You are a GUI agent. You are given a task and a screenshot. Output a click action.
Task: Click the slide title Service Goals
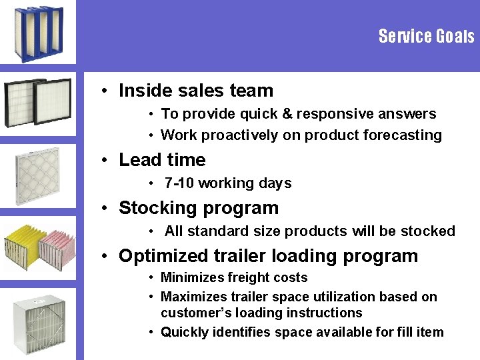pyautogui.click(x=426, y=36)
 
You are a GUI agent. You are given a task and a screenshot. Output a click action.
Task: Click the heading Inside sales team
pyautogui.click(x=196, y=91)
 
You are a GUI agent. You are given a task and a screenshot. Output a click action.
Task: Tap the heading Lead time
pyautogui.click(x=162, y=160)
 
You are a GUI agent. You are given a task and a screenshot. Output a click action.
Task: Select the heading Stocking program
pyautogui.click(x=199, y=208)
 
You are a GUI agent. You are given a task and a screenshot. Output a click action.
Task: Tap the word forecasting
pyautogui.click(x=403, y=135)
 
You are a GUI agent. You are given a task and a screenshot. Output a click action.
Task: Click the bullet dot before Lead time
pyautogui.click(x=107, y=161)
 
